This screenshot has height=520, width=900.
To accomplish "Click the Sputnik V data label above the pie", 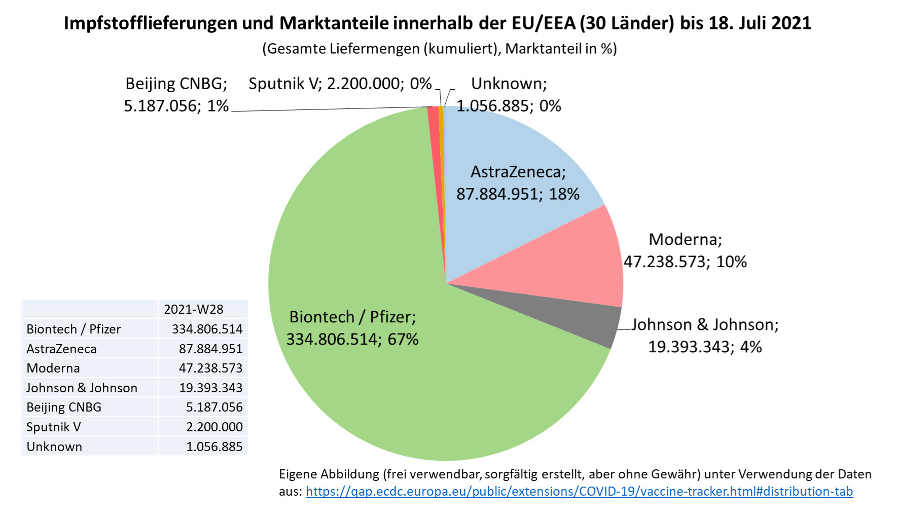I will [340, 84].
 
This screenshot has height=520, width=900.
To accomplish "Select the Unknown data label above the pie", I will [509, 95].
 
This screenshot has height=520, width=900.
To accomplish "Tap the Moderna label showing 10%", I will [685, 250].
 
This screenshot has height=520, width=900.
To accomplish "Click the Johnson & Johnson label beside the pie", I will [705, 336].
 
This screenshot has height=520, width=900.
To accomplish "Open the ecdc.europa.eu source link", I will [579, 491].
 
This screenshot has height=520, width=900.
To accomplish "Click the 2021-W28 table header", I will [193, 309].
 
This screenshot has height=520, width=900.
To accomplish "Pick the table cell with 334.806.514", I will [207, 329].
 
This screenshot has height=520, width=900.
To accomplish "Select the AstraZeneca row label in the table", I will [61, 349].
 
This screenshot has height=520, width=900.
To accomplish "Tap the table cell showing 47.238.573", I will [210, 368].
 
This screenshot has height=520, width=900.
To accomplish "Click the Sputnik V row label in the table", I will [53, 427].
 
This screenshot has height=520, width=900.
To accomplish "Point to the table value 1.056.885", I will [214, 447].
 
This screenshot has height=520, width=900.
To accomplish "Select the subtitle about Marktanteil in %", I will [439, 49].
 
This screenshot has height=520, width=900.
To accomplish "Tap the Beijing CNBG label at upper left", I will [176, 95].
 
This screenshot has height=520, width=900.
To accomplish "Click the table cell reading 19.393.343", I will [210, 388].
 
